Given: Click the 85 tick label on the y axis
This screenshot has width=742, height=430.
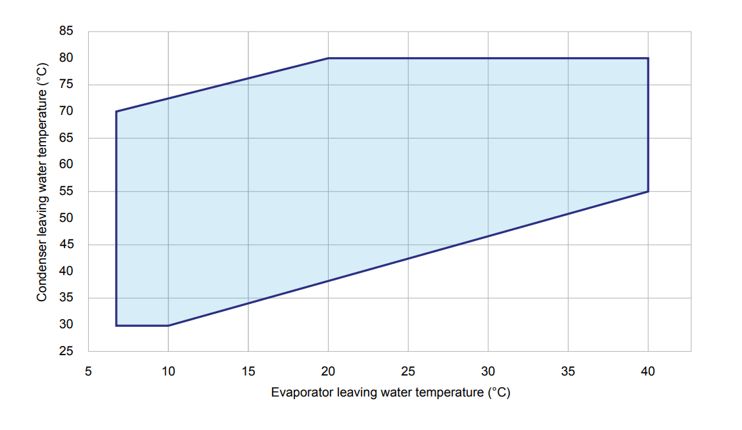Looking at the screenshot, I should [x=66, y=31].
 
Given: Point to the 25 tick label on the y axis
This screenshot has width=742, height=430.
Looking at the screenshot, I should [x=66, y=351].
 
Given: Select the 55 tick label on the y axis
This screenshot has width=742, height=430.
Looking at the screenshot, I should [x=66, y=191].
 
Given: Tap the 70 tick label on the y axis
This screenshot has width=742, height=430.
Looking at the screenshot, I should [x=66, y=111].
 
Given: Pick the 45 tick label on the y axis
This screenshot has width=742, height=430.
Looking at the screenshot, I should [x=66, y=245].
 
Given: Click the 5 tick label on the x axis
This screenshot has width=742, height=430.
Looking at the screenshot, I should [x=88, y=372].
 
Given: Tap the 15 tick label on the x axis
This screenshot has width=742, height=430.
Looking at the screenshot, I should [x=248, y=372].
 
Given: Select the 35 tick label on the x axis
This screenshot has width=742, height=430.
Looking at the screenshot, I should [x=568, y=372].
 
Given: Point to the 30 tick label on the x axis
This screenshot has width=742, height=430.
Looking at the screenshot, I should [x=488, y=372].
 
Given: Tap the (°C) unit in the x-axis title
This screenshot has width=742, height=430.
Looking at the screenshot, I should [x=499, y=393].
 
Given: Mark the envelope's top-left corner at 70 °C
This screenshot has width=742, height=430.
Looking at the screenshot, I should [x=116, y=112].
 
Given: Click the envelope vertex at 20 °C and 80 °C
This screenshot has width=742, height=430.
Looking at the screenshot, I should [x=328, y=58].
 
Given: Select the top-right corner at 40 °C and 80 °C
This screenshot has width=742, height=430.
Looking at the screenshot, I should [x=648, y=58].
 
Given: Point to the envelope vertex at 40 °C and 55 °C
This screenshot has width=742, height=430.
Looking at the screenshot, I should [x=648, y=191].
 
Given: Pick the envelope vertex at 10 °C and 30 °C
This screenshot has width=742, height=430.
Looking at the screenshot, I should [x=168, y=325].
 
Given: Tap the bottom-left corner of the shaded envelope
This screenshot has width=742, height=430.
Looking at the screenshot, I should [x=116, y=325].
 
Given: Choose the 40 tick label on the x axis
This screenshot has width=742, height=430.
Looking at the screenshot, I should [x=648, y=372].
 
